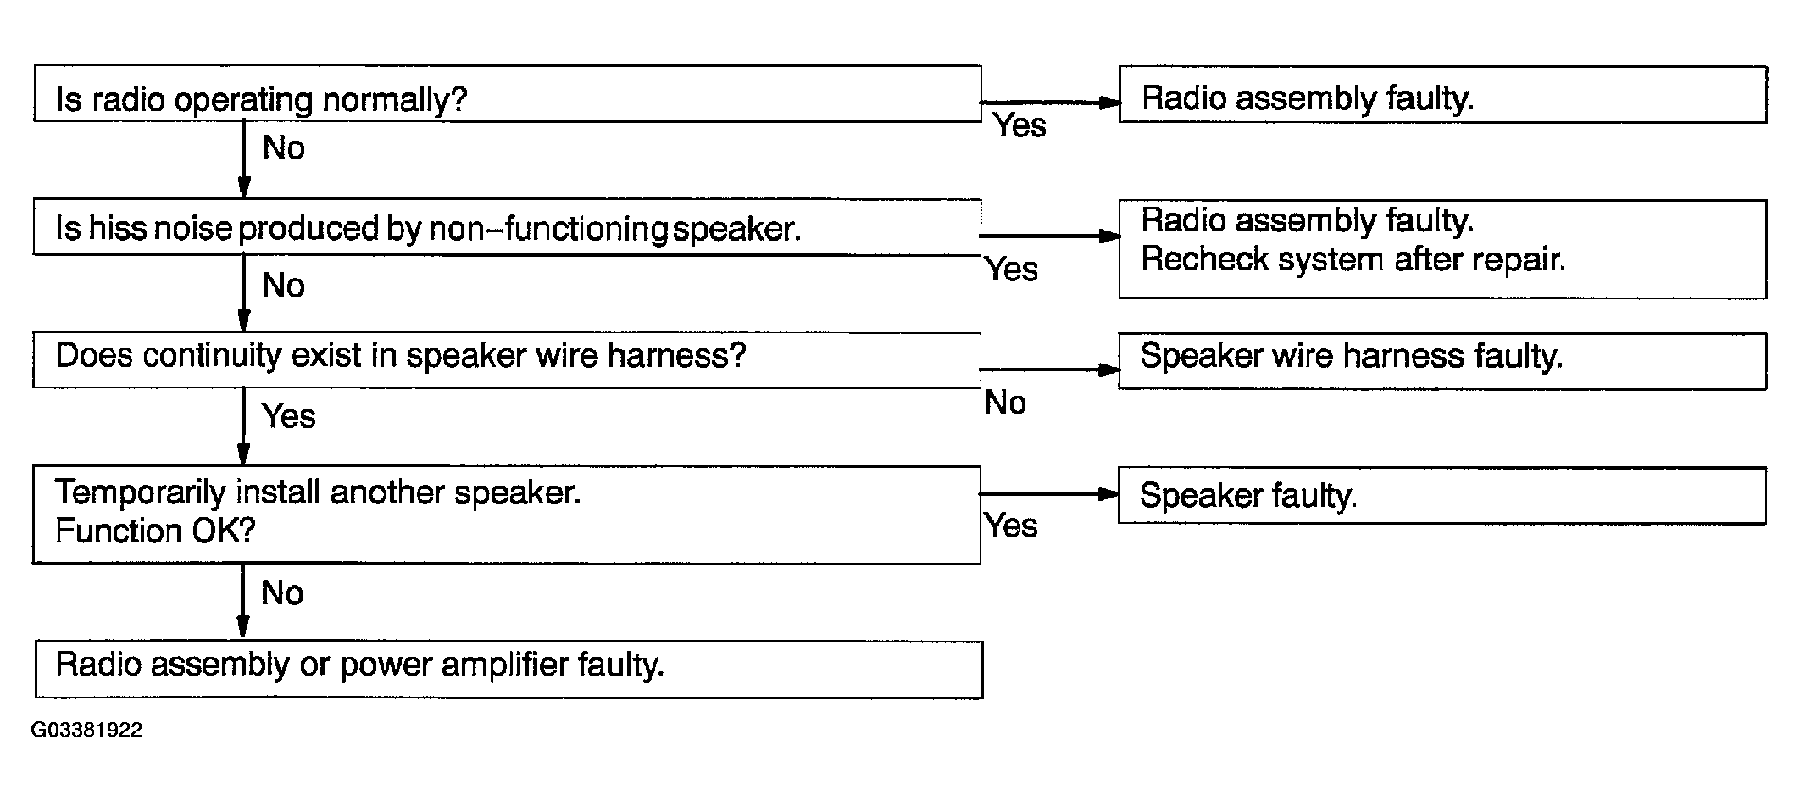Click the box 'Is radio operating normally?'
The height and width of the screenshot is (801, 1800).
tap(508, 93)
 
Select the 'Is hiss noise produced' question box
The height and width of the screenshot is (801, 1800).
tap(507, 227)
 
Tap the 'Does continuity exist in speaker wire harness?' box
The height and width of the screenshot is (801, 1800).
tap(507, 360)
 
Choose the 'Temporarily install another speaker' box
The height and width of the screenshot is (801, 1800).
tap(507, 515)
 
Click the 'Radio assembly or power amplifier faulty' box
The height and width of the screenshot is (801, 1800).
tap(508, 670)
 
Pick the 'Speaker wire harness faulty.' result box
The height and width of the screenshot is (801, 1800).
tap(1442, 361)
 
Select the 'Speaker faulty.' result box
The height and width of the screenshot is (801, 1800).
tap(1442, 495)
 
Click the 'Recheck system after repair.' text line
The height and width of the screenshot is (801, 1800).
tap(1353, 259)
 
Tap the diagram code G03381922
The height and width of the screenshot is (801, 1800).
tap(86, 730)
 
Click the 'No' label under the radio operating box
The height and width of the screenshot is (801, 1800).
tap(283, 148)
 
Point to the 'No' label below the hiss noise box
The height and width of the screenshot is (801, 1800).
tap(283, 286)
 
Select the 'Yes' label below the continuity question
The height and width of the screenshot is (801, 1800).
tap(288, 416)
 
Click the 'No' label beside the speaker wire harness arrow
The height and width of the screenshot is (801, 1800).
tap(1005, 403)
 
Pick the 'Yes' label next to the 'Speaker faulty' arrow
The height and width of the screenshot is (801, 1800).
tap(1011, 526)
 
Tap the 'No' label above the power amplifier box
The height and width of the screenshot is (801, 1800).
tap(282, 593)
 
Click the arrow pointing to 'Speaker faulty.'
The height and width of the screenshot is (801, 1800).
tap(1049, 493)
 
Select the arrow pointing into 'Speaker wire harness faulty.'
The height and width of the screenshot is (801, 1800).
tap(1049, 370)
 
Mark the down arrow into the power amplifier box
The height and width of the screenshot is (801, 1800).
tap(242, 601)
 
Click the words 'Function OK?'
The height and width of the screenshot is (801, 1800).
tap(155, 531)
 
